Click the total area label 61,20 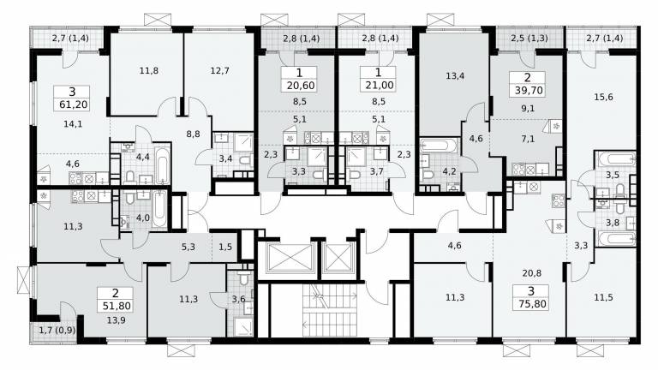(74, 104)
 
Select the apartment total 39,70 (529, 90)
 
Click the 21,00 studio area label (380, 86)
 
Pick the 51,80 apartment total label (117, 306)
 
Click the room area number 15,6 (603, 97)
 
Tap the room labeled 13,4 (455, 76)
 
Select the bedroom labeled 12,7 (219, 70)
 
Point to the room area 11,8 (148, 70)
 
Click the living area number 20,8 (532, 273)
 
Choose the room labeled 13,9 (116, 320)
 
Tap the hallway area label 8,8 (193, 134)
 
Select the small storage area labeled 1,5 (225, 247)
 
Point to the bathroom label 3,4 (226, 158)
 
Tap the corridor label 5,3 (188, 247)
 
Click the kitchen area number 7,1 (528, 139)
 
